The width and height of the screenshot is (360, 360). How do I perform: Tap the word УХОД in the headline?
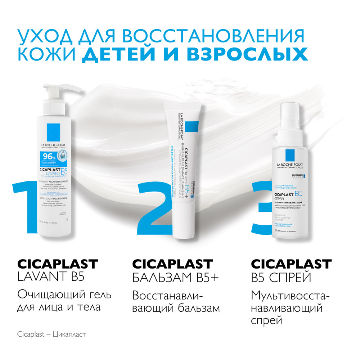pos(43,36)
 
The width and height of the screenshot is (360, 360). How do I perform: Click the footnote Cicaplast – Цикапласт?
pos(51,334)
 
